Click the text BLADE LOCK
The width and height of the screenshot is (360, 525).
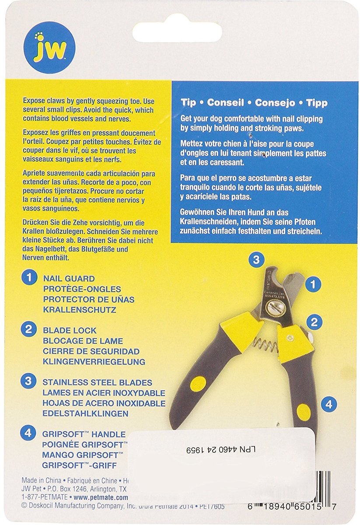point(70,331)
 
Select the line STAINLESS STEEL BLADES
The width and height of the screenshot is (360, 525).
point(98,382)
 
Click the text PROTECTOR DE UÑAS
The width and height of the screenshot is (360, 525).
point(89,299)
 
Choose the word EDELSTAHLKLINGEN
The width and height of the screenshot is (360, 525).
point(86,413)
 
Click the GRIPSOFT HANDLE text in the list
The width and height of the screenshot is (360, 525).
point(84,434)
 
